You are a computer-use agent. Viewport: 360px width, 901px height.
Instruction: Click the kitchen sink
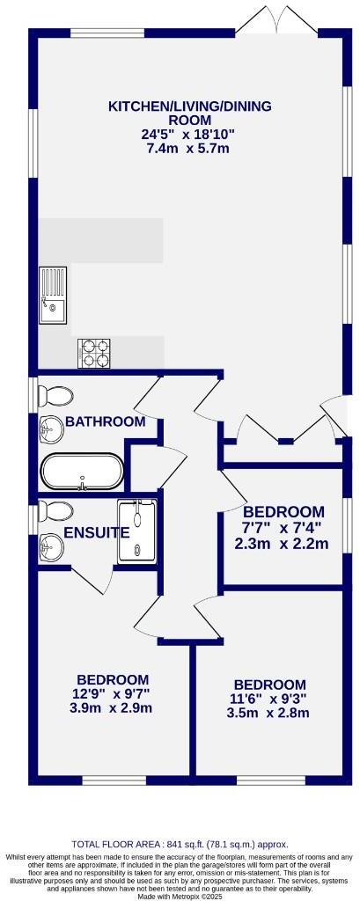52,295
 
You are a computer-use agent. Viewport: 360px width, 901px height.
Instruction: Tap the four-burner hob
96,353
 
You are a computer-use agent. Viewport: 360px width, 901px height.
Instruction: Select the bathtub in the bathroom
81,472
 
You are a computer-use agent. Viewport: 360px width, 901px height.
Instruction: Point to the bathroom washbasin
52,430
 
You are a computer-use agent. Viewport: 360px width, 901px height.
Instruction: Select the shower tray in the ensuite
136,529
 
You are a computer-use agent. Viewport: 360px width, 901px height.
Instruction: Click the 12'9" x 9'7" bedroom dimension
112,694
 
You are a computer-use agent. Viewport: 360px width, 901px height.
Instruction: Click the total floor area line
180,844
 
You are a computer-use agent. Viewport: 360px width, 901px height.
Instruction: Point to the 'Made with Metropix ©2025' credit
180,896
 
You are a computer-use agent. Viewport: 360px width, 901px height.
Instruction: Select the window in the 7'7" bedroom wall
345,528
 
